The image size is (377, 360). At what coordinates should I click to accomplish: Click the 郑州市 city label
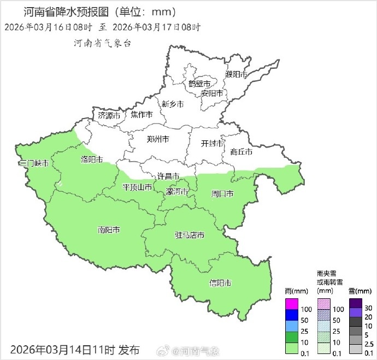coord(158,139)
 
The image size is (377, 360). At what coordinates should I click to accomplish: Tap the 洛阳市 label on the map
coord(91,160)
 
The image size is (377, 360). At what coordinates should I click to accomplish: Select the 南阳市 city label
coord(109,230)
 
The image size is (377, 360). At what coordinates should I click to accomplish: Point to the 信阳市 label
coord(220,283)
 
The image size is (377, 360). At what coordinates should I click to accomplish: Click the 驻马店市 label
coord(189,235)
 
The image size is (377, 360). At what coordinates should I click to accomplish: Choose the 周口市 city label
coord(222,194)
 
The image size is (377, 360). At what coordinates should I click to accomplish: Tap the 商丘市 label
coord(241,152)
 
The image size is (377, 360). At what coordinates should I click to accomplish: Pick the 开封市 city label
coord(212,144)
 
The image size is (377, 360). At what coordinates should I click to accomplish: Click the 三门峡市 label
coord(33,164)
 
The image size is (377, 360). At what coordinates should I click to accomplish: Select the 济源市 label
coord(109,116)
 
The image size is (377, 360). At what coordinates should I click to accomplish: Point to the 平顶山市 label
coord(137,187)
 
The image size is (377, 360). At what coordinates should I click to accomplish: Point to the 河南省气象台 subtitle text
coord(102,44)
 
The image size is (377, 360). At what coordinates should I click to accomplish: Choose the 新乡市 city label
coord(173,104)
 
